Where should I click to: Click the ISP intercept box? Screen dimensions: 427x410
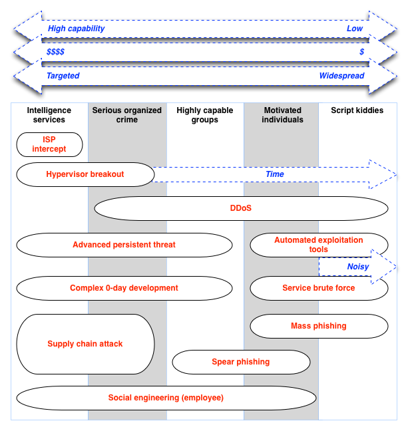coord(49,144)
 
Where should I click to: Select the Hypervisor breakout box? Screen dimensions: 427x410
coord(85,174)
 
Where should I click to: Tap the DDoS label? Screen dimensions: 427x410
coord(241,208)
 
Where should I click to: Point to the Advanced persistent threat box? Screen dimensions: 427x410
coord(124,245)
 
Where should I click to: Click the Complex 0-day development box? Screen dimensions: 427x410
coord(124,288)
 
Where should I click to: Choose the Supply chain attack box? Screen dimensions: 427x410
coord(85,344)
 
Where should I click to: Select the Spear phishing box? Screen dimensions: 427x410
coord(241,362)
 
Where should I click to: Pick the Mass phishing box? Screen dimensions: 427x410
coord(319,326)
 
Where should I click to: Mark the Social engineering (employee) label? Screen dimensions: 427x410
coord(166,398)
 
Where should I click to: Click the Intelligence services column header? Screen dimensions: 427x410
coord(49,115)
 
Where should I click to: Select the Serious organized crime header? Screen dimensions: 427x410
coord(127,115)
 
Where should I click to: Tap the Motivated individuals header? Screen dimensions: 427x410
coord(282,115)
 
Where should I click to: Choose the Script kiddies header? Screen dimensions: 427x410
coord(357,110)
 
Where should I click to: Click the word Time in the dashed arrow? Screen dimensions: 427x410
coord(275,174)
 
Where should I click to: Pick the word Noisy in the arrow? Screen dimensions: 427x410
coord(357,267)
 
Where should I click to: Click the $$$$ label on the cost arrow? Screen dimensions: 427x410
coord(56,52)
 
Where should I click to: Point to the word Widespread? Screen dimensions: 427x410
coord(341,76)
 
